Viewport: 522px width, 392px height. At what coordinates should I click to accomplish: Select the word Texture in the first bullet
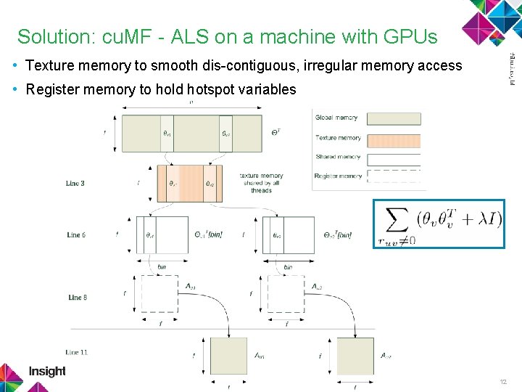pos(49,66)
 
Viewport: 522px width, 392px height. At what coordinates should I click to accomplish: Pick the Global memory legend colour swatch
pos(394,118)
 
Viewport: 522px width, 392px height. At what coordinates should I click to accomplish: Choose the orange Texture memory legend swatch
pos(394,139)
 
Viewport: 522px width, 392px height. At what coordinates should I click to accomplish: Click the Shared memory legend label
pos(338,157)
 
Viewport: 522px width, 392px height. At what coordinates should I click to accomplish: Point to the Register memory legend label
pos(339,176)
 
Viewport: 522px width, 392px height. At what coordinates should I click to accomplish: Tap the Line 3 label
pos(75,184)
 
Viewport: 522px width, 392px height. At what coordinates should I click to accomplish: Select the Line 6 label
pos(76,234)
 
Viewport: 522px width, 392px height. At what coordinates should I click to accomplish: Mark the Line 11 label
pos(76,352)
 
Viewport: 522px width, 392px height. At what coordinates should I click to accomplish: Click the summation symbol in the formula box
pos(397,219)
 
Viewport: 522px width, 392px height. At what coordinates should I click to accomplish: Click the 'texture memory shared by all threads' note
pos(261,183)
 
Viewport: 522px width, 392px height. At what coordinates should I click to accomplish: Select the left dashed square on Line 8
pos(159,294)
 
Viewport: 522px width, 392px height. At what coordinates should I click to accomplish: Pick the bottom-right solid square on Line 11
pos(355,356)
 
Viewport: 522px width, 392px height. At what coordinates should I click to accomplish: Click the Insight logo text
pos(47,372)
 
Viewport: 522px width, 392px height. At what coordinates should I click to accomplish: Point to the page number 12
pos(503,381)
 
